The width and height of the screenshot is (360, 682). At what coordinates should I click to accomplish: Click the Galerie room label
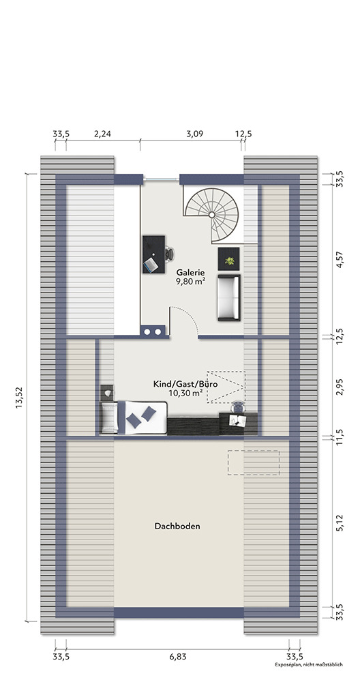(x=190, y=273)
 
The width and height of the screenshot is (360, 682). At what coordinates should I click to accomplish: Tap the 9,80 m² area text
(x=190, y=282)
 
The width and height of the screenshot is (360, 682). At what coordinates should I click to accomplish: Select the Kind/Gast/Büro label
(x=185, y=385)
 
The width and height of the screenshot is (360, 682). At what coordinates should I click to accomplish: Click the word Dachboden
(x=177, y=527)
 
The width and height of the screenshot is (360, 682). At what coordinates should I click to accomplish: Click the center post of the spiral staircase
(x=211, y=215)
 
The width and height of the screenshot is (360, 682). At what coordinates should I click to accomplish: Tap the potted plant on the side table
(x=228, y=261)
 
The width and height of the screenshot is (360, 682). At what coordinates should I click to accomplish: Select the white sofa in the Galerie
(x=228, y=297)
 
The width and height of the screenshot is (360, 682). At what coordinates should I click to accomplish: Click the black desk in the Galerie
(x=153, y=254)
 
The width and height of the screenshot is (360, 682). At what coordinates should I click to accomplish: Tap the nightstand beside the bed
(x=107, y=393)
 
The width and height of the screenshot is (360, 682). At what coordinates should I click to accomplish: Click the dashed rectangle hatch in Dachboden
(x=254, y=462)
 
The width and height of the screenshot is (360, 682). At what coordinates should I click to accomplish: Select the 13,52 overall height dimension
(x=20, y=398)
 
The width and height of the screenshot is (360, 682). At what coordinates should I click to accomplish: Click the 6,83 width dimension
(x=177, y=657)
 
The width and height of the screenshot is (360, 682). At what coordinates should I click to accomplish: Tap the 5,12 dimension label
(x=340, y=522)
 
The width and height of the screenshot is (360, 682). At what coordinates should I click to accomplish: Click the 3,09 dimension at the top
(x=195, y=134)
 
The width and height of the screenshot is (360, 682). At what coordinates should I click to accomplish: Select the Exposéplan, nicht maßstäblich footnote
(x=309, y=664)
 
